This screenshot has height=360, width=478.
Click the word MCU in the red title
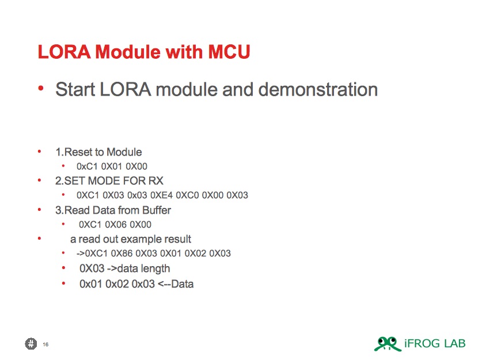(229, 51)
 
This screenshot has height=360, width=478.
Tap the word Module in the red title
(128, 51)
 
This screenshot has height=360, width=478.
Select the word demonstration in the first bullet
(318, 89)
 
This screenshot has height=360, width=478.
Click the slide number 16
(45, 344)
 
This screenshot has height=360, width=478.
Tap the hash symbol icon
(31, 344)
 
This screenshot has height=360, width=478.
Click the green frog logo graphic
(388, 344)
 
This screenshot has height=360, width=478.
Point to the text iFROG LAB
(435, 343)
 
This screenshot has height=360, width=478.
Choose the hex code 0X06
(116, 225)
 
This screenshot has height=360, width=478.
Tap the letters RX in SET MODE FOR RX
(155, 181)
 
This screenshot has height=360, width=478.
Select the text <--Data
(176, 284)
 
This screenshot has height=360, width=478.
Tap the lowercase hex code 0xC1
(87, 166)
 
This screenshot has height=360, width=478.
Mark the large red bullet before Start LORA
(41, 88)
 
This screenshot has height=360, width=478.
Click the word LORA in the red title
(65, 51)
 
